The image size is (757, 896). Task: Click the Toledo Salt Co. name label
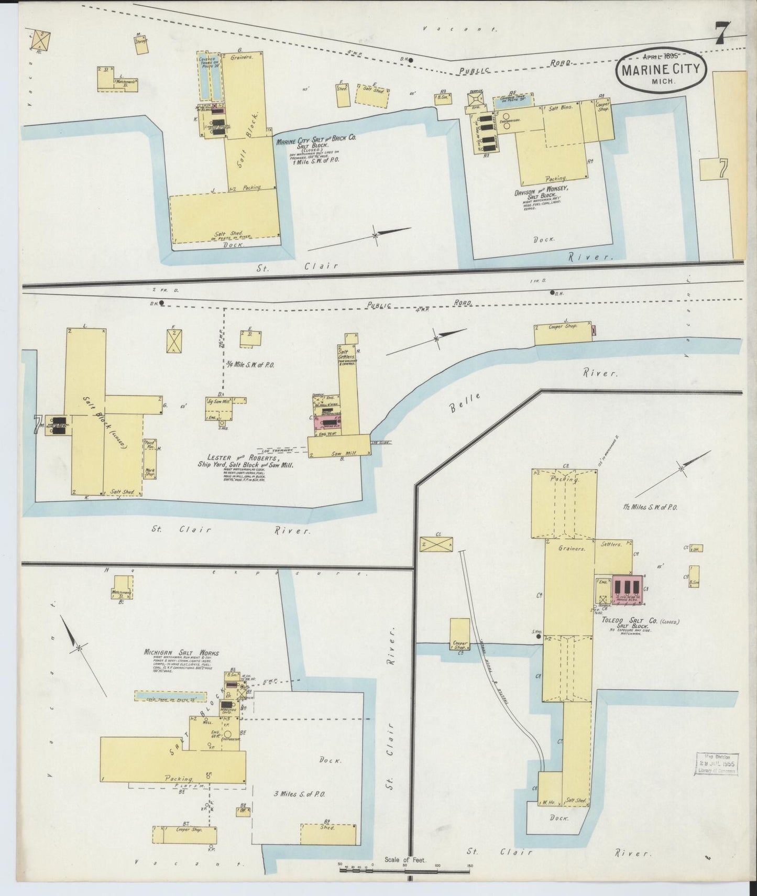(x=634, y=621)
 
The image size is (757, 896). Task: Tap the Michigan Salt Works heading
(x=182, y=653)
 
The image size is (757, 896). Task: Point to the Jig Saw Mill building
(x=219, y=403)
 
